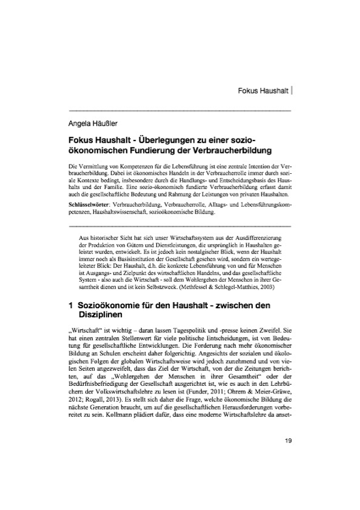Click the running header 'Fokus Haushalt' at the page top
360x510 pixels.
[x=261, y=89]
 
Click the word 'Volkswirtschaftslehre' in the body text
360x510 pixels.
[x=121, y=410]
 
